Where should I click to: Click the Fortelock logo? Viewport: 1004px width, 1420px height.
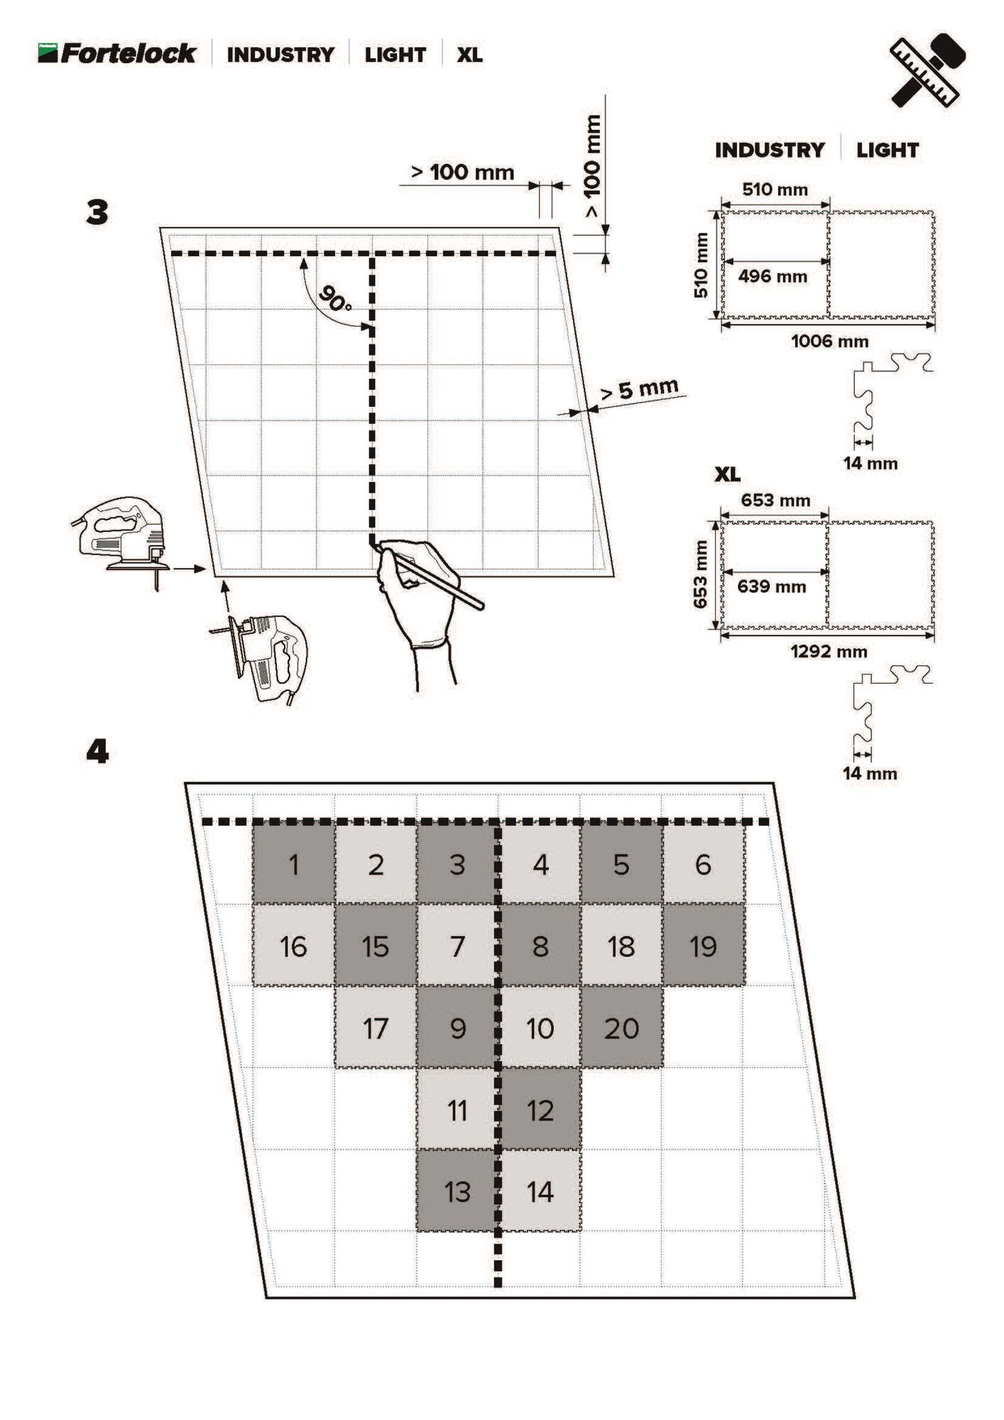(x=117, y=53)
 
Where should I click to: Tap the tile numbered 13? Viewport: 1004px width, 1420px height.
(x=457, y=1192)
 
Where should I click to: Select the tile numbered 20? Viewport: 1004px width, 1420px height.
(x=621, y=1028)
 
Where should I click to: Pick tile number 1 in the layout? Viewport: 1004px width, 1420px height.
(x=293, y=865)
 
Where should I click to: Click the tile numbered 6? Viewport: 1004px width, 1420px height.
(x=703, y=865)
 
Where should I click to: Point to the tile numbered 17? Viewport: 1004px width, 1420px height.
(x=375, y=1028)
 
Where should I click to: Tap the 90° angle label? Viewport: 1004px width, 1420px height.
(x=335, y=299)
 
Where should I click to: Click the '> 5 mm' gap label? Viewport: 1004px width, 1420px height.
(x=639, y=390)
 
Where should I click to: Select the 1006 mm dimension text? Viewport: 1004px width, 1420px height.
(x=829, y=342)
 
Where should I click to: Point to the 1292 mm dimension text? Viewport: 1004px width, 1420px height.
(x=829, y=652)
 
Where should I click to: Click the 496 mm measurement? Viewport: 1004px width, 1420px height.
(x=773, y=276)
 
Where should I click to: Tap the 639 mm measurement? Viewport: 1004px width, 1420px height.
(x=771, y=586)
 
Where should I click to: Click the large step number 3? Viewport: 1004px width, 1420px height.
(x=97, y=212)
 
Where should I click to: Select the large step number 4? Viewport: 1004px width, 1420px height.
(x=97, y=751)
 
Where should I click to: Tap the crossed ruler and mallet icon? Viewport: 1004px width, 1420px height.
(x=927, y=70)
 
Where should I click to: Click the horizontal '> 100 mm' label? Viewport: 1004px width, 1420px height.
(x=462, y=172)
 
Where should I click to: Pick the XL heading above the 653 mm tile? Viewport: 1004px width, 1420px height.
(x=727, y=474)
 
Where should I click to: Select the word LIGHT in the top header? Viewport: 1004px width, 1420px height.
(x=395, y=55)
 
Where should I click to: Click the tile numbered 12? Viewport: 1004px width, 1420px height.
(x=540, y=1110)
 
